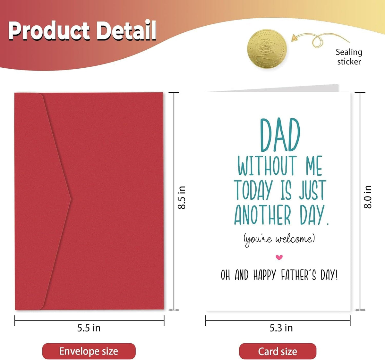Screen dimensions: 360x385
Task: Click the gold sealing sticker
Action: [267, 48]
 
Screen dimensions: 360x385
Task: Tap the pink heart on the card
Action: [279, 257]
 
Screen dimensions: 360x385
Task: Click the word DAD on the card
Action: [280, 135]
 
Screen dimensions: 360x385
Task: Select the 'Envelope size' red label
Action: [89, 351]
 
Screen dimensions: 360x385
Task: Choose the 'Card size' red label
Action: [278, 351]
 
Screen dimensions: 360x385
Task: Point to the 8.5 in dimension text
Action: [182, 197]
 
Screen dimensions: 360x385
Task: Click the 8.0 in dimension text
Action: [368, 197]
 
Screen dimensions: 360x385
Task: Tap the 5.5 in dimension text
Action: [89, 328]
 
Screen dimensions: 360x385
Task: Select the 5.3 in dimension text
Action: [281, 328]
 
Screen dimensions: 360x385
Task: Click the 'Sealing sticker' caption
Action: [349, 57]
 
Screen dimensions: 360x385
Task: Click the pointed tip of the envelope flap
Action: [70, 199]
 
